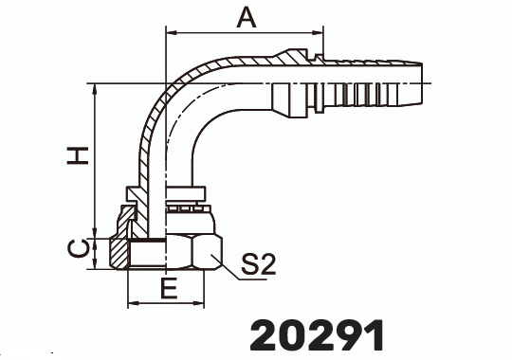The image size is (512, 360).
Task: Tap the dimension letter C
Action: [x=82, y=249]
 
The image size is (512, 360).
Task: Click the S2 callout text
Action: [x=257, y=266]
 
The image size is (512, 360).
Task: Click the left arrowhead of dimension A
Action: [x=171, y=34]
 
